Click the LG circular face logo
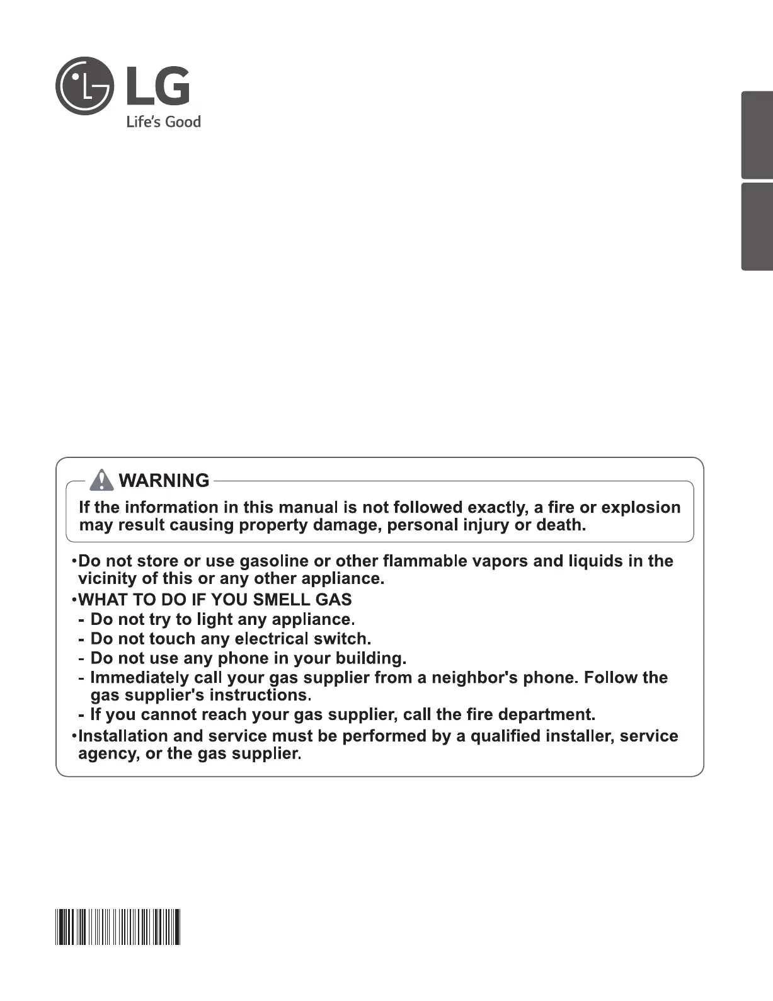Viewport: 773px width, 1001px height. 84,86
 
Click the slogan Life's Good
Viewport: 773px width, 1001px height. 163,122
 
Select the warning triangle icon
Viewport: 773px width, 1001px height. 101,481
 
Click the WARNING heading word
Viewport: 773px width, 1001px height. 164,481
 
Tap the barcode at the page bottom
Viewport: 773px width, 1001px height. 118,927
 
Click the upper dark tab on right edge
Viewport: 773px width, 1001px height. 757,135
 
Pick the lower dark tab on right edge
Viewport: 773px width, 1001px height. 757,227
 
